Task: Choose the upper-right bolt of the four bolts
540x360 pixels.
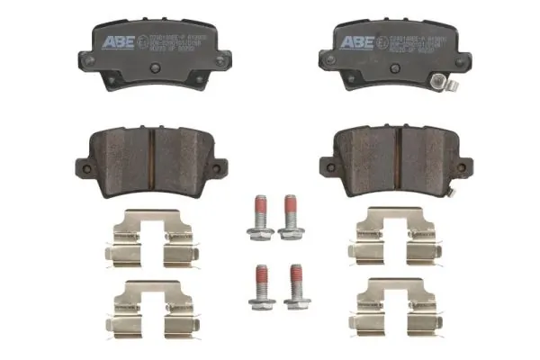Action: coord(290,216)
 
